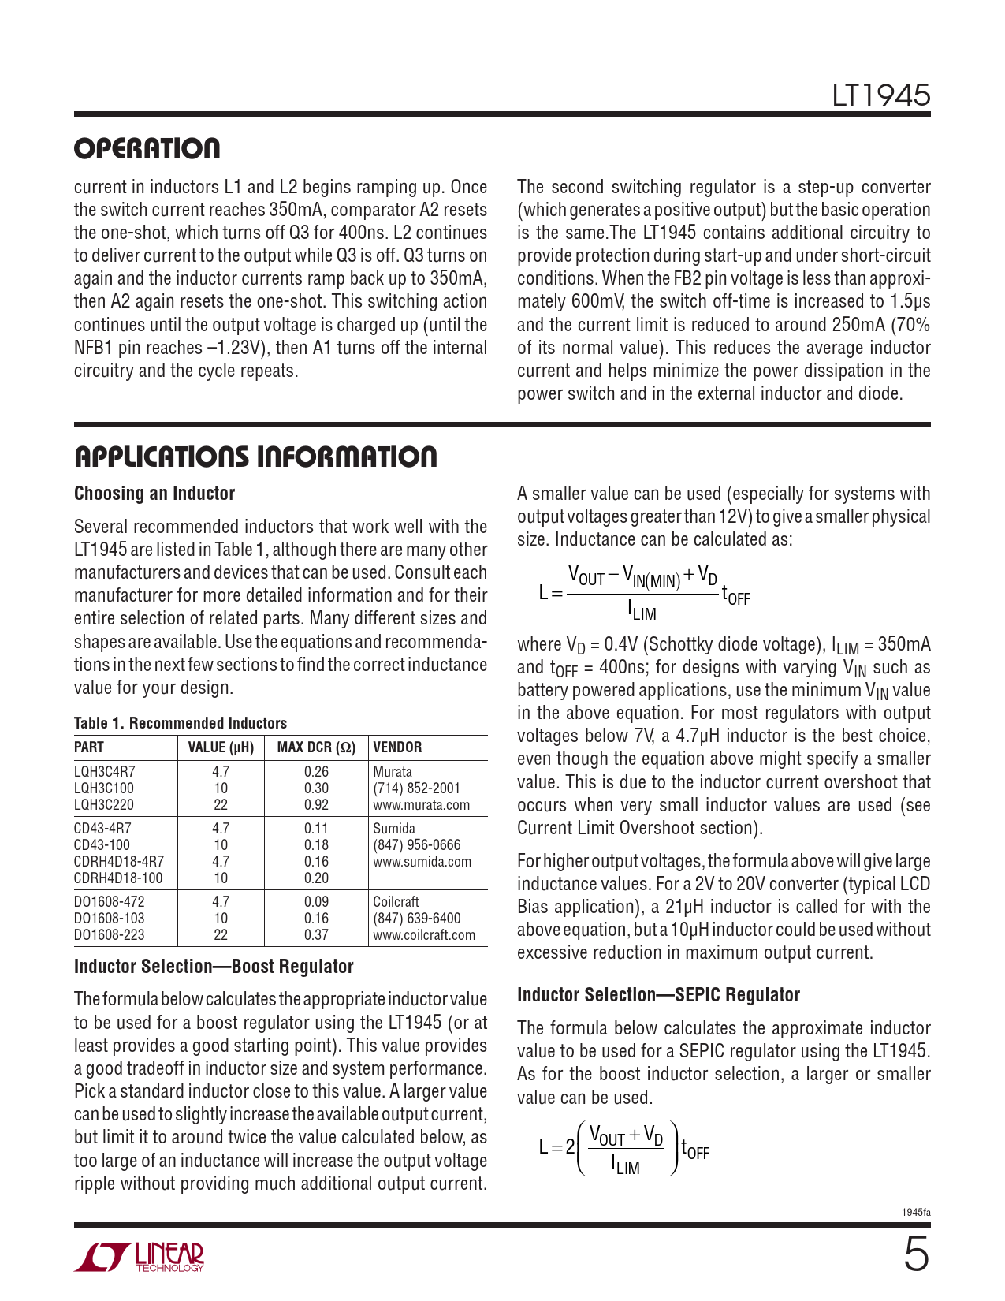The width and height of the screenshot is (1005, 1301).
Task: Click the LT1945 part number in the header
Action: [880, 95]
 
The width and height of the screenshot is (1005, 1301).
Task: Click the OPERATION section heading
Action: [147, 149]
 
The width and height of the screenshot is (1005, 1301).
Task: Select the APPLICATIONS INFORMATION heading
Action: [255, 457]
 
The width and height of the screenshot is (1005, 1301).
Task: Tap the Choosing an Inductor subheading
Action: [154, 494]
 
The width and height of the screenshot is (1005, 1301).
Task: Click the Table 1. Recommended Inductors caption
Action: [181, 723]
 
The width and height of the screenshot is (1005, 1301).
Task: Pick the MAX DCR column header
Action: [316, 747]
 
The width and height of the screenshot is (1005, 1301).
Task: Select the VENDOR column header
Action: [397, 747]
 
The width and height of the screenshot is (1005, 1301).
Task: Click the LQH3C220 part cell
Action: [104, 805]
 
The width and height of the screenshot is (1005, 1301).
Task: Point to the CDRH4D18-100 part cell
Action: [118, 878]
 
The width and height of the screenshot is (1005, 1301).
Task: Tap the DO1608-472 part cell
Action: [110, 902]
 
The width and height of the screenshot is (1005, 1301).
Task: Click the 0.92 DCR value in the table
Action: [316, 805]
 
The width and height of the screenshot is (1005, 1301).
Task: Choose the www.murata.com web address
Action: [421, 805]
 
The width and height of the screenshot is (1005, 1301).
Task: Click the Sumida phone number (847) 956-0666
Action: [416, 845]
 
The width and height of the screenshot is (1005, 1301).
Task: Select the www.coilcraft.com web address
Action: [424, 935]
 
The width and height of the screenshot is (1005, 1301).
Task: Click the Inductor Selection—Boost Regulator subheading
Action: [214, 967]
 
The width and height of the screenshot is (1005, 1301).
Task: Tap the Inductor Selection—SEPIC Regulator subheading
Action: [658, 995]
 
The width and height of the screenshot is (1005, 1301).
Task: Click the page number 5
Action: [915, 1254]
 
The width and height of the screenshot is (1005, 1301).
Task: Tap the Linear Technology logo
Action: [140, 1257]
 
